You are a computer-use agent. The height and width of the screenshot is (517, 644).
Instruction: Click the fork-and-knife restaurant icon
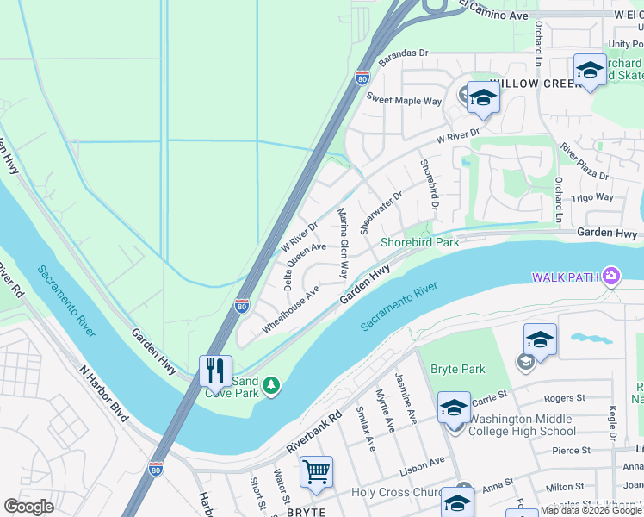coord(215,371)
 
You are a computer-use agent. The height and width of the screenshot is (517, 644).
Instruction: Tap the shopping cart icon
coord(316,471)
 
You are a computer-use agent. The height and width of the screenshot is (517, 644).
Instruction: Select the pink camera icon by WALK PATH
coord(610,276)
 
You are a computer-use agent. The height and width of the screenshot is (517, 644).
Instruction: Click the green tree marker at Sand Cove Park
coord(272,385)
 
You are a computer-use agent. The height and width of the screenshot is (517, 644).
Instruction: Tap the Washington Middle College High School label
coord(522,425)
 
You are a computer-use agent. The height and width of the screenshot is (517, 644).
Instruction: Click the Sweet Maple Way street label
coord(404,101)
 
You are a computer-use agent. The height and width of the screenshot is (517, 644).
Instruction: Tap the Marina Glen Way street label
coord(343,243)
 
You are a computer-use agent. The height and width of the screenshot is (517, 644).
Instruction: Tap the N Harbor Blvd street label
coord(103,394)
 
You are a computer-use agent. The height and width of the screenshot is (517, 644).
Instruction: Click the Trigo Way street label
coord(593,197)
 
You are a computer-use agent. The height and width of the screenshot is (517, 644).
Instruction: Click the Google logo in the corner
coord(29,507)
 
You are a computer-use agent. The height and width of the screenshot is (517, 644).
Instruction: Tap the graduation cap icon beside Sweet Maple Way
coord(483,97)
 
